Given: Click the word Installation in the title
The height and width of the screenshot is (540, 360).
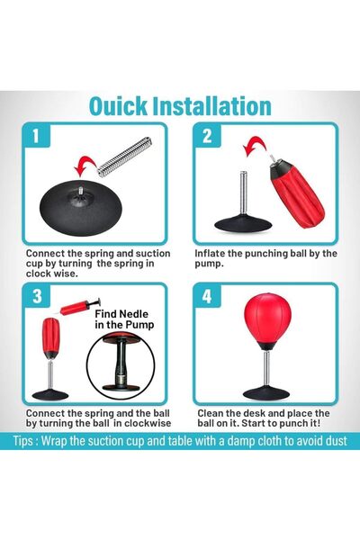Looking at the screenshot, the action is [x=211, y=106].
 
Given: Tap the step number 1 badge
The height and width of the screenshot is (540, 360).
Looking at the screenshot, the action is [x=36, y=136].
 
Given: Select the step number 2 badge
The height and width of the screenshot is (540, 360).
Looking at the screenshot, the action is [x=207, y=136].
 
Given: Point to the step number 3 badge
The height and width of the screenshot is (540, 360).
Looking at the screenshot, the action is [x=37, y=296].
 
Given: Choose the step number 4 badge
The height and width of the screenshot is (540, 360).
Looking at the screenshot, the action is [x=207, y=296].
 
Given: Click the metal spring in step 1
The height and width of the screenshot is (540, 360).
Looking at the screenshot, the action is [x=125, y=157].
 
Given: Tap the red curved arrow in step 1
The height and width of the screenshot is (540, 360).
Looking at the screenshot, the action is [x=86, y=165].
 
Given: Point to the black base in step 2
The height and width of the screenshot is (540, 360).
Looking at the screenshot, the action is [x=243, y=224].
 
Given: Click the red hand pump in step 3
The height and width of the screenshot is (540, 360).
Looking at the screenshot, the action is [x=79, y=307].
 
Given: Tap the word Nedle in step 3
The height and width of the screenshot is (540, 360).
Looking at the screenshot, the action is [x=134, y=314].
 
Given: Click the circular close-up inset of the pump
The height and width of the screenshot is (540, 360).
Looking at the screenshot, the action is [x=121, y=365].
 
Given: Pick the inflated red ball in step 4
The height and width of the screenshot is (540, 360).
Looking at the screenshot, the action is [x=267, y=320].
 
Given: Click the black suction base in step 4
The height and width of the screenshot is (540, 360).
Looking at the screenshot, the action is [x=266, y=393].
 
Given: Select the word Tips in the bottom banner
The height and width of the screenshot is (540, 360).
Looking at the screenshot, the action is [x=23, y=441].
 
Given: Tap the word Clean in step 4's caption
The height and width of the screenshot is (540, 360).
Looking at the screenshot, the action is [x=211, y=413].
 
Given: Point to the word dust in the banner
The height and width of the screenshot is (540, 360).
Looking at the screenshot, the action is [x=336, y=441].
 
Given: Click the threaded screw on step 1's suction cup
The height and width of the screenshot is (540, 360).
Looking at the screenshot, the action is [x=81, y=191].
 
